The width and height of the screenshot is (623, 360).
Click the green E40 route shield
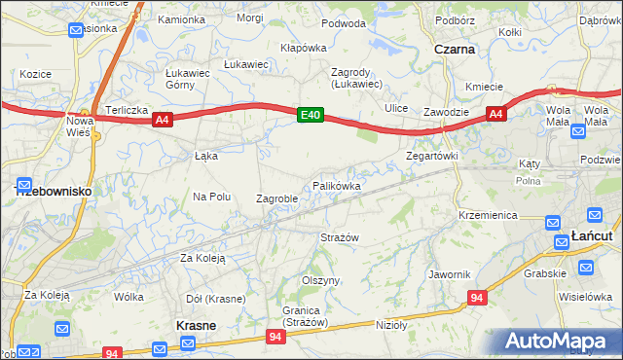(311, 115)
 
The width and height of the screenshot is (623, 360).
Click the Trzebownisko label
(55, 192)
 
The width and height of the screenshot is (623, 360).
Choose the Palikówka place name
(337, 185)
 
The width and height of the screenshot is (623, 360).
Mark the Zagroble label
(276, 198)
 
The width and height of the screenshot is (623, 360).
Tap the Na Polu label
(211, 196)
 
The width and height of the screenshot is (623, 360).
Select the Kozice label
(34, 74)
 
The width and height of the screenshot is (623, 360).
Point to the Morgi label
(249, 18)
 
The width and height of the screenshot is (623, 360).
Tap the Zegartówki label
(431, 155)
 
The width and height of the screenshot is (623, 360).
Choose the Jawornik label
(449, 274)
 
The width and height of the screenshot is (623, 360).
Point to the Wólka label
(128, 297)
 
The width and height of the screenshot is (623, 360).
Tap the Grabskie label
(545, 273)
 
